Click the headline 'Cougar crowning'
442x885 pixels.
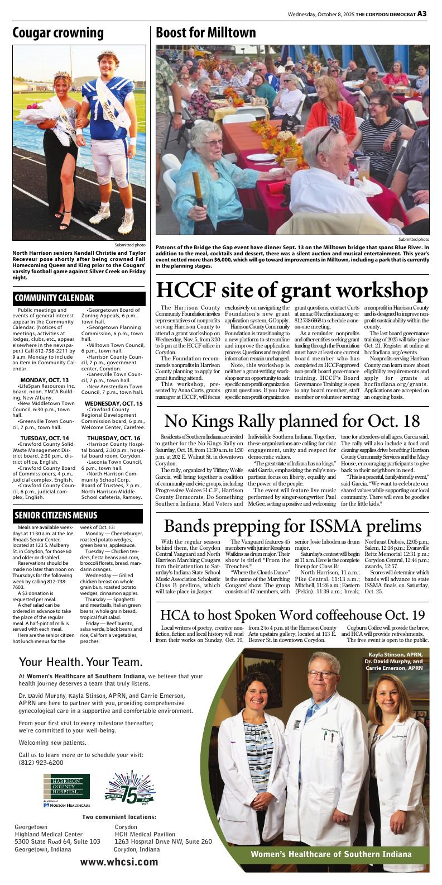(x=58, y=32)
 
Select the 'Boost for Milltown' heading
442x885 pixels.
(x=205, y=32)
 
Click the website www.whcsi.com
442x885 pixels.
(x=119, y=862)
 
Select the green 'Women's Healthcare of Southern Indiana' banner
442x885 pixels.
(x=331, y=854)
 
